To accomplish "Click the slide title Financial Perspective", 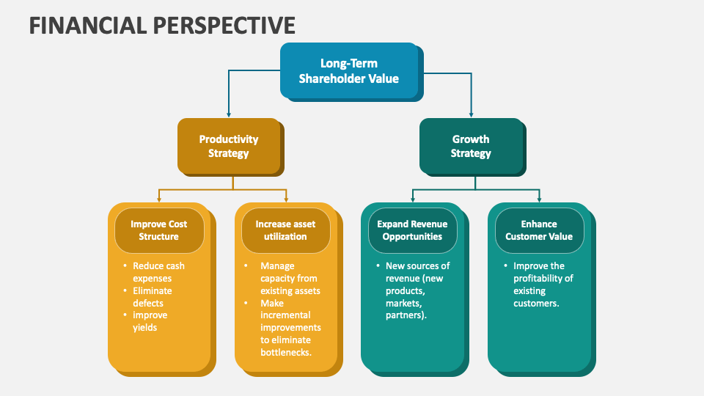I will [162, 25].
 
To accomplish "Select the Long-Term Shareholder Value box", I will [348, 70].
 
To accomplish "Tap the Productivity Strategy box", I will [229, 146].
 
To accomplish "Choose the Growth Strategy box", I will [470, 146].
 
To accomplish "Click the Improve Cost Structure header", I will [158, 230].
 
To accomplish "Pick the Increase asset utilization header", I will [285, 230].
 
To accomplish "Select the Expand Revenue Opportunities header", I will [412, 230].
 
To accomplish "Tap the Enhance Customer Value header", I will [539, 230].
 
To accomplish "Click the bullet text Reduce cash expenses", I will [158, 272].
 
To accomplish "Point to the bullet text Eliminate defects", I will [152, 297].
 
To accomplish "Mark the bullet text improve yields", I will [150, 321].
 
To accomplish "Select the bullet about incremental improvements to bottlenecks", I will [290, 327].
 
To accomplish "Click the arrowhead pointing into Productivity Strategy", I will [229, 114].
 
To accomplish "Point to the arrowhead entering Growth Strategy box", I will [470, 114].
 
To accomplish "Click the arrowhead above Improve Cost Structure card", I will [158, 199].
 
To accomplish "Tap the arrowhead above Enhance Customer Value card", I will [539, 199].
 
